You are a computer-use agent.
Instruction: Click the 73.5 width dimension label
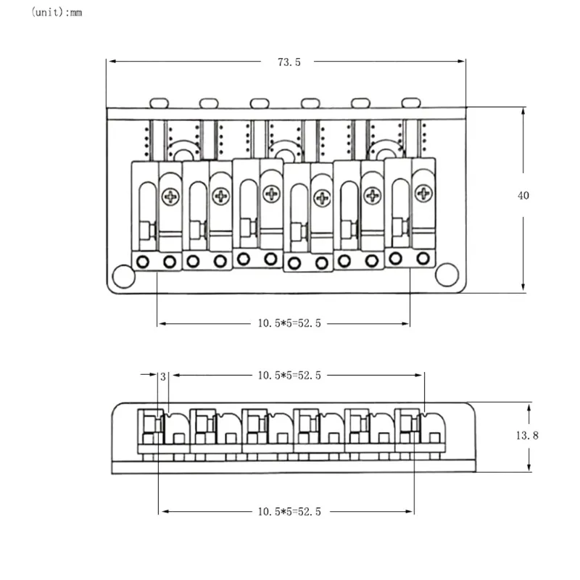pos(289,62)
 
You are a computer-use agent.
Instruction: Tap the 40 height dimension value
pos(523,195)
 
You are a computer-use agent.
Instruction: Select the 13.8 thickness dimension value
pos(527,436)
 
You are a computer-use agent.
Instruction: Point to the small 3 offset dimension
pos(163,376)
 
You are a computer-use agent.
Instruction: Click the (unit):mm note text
pos(57,12)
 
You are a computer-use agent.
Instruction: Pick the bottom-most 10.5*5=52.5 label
pos(289,512)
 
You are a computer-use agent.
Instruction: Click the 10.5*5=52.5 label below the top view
pos(289,323)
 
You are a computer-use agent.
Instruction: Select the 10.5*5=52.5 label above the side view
pos(289,376)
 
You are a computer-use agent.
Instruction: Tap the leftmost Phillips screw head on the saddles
pos(170,196)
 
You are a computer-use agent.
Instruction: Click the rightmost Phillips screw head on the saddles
pos(423,193)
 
